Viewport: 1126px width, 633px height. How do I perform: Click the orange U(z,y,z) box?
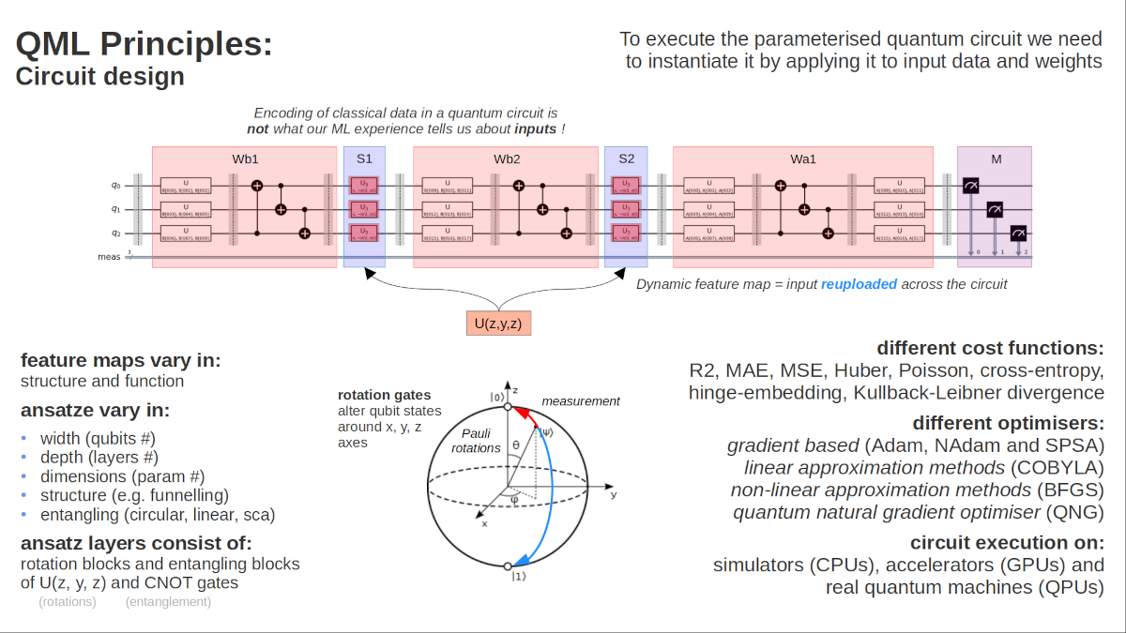tap(498, 324)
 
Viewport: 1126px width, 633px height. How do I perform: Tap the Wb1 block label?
tap(245, 158)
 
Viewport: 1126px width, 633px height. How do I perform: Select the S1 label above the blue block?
tap(364, 158)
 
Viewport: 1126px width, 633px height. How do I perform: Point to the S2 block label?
tap(626, 158)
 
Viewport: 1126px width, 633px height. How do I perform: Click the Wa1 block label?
tap(802, 158)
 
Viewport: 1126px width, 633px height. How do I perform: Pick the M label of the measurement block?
tap(996, 158)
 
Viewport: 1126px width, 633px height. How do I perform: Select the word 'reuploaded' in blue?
tap(859, 283)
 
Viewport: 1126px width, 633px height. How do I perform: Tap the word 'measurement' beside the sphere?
tap(581, 400)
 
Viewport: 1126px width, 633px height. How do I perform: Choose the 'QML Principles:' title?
tap(144, 43)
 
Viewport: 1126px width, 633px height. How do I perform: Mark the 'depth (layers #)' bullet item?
tap(98, 458)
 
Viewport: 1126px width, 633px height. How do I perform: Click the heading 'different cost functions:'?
tap(990, 347)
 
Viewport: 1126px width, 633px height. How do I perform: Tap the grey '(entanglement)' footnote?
tap(168, 601)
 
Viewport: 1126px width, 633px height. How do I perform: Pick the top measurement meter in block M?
tap(971, 188)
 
